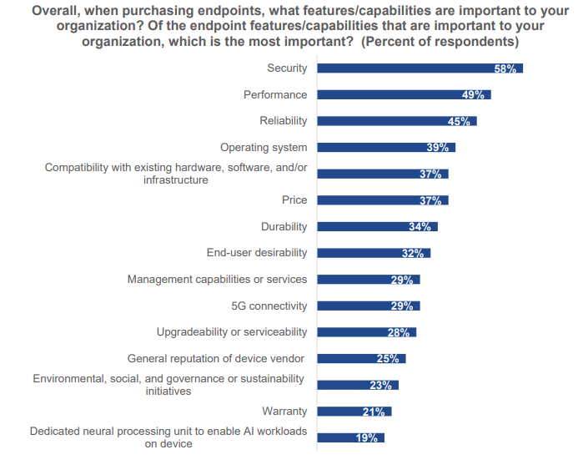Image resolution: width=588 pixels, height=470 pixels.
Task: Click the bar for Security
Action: coord(420,68)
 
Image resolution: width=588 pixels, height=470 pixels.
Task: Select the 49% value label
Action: coord(473,95)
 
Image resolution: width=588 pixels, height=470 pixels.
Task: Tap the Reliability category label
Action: coord(283,121)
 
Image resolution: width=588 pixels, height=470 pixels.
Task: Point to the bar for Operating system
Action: coord(386,148)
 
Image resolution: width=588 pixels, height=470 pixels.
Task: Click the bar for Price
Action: coord(383,200)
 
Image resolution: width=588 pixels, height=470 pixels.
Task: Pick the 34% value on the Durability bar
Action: coord(420,227)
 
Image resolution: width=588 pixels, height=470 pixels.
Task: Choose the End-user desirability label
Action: coord(257,253)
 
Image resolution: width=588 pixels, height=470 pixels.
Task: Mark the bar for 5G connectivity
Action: coord(369,306)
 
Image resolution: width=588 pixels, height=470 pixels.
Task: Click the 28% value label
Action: coord(398,332)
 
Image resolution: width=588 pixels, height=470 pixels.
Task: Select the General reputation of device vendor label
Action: coord(216,358)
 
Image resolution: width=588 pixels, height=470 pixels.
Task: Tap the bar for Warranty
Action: coord(354,411)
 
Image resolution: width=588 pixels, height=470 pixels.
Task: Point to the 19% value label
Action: coord(367,437)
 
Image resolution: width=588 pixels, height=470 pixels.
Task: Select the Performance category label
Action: coord(275,94)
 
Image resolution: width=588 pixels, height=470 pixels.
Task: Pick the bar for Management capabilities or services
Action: coord(369,280)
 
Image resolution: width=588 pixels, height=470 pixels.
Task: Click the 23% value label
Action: coord(381,385)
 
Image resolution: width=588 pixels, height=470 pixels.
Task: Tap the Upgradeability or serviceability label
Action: coord(232,332)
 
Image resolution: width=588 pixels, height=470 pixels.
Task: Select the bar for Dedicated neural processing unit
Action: coord(350,437)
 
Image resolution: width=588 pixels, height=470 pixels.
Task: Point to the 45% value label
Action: coord(460,122)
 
